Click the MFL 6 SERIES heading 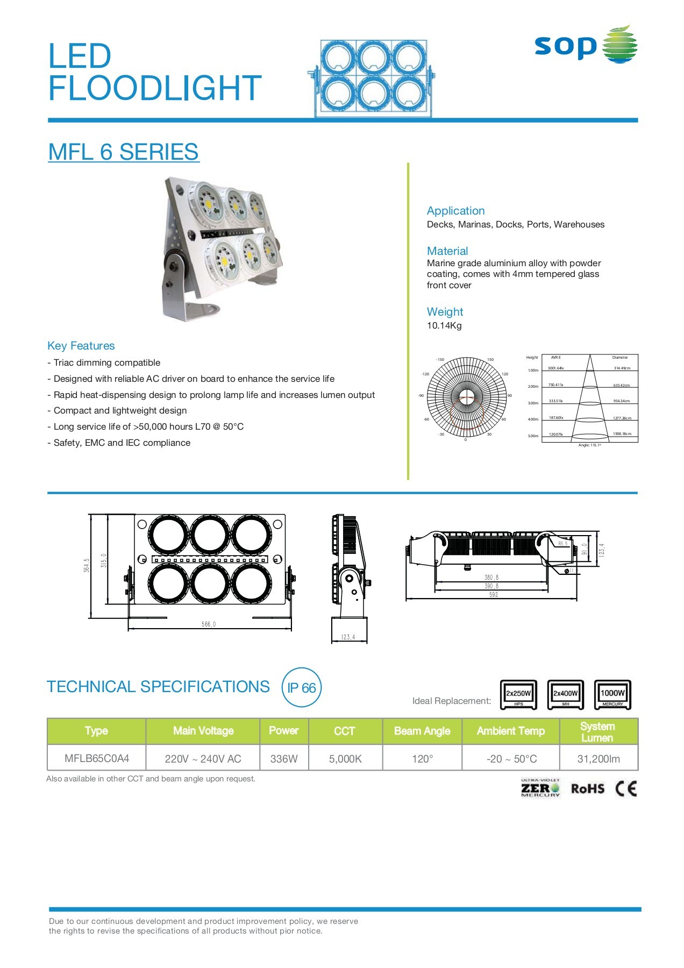click(x=123, y=152)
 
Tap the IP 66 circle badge click(x=301, y=688)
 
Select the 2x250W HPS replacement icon click(x=518, y=695)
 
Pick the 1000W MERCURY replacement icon click(x=612, y=695)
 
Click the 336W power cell click(x=284, y=759)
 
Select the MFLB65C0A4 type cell click(x=97, y=759)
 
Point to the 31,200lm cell click(x=598, y=759)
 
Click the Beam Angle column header click(x=422, y=731)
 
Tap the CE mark click(x=626, y=789)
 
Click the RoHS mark click(x=587, y=789)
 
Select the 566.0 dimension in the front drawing click(x=209, y=624)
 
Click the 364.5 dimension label click(x=87, y=565)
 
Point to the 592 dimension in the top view click(x=494, y=595)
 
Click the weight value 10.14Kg click(x=444, y=325)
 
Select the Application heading click(x=455, y=211)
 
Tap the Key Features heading click(x=81, y=346)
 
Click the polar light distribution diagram click(x=466, y=397)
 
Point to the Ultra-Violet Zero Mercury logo click(x=540, y=788)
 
